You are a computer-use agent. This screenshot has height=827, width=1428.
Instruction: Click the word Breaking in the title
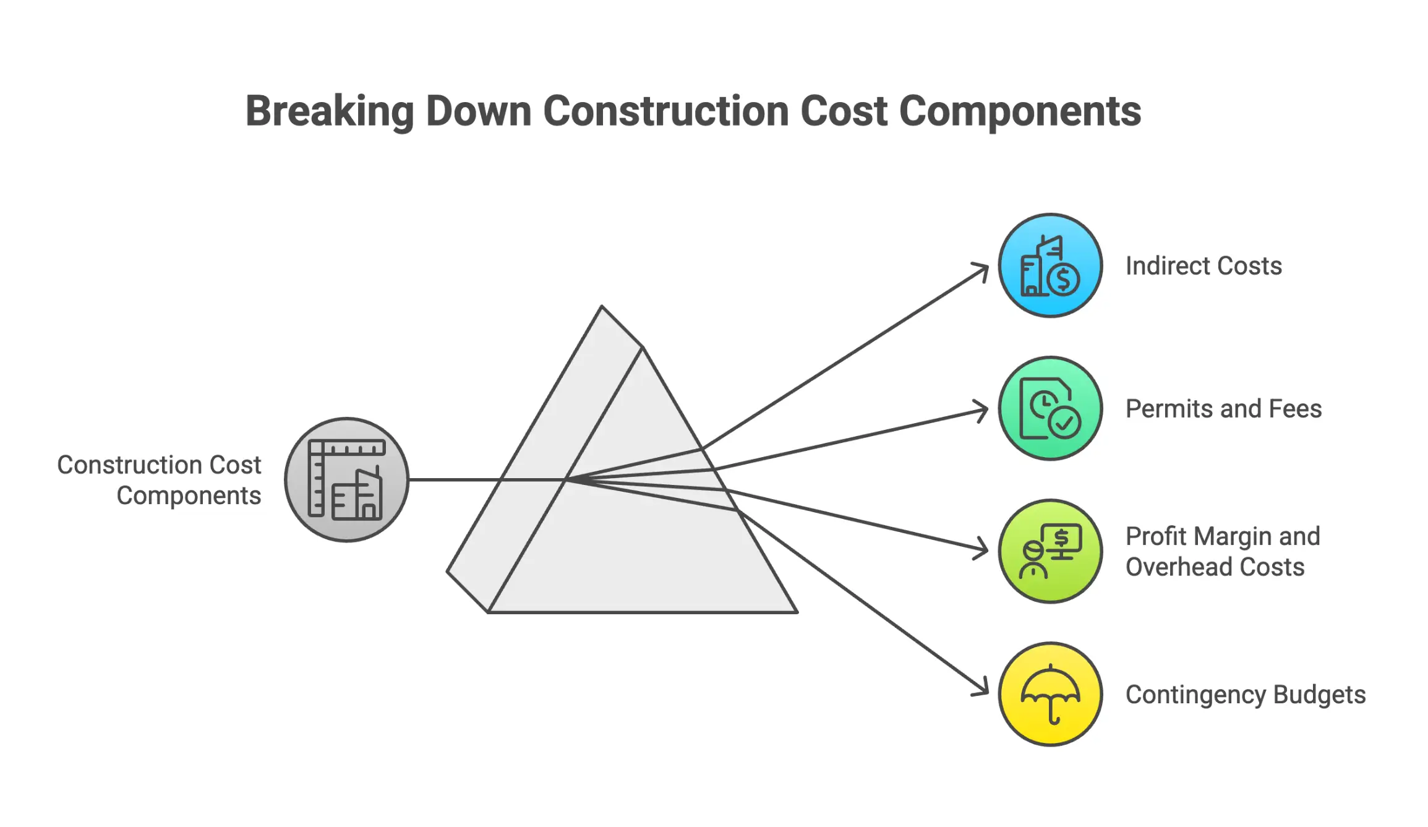click(x=329, y=111)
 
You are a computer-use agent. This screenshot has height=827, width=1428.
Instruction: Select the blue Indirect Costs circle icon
click(x=1050, y=265)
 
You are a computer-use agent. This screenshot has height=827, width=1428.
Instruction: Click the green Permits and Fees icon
click(x=1050, y=408)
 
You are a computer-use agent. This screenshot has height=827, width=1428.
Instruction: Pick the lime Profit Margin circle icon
click(x=1050, y=551)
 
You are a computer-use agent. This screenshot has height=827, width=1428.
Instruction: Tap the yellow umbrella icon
click(x=1050, y=694)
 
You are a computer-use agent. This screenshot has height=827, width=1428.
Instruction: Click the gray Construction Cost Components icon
click(x=346, y=479)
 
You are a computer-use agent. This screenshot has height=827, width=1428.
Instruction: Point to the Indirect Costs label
click(x=1203, y=266)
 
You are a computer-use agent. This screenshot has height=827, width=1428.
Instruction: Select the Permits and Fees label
click(x=1223, y=409)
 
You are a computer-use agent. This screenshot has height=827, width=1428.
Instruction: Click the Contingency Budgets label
click(x=1245, y=695)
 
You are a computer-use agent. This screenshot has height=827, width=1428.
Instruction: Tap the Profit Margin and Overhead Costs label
click(x=1222, y=551)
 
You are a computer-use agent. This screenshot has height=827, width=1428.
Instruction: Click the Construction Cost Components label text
click(x=159, y=480)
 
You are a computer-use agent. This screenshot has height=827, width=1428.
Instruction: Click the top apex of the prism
click(x=602, y=307)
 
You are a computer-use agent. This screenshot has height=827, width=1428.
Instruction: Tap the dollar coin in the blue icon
click(x=1064, y=280)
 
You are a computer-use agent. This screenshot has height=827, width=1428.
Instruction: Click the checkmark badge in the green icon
click(x=1064, y=423)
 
